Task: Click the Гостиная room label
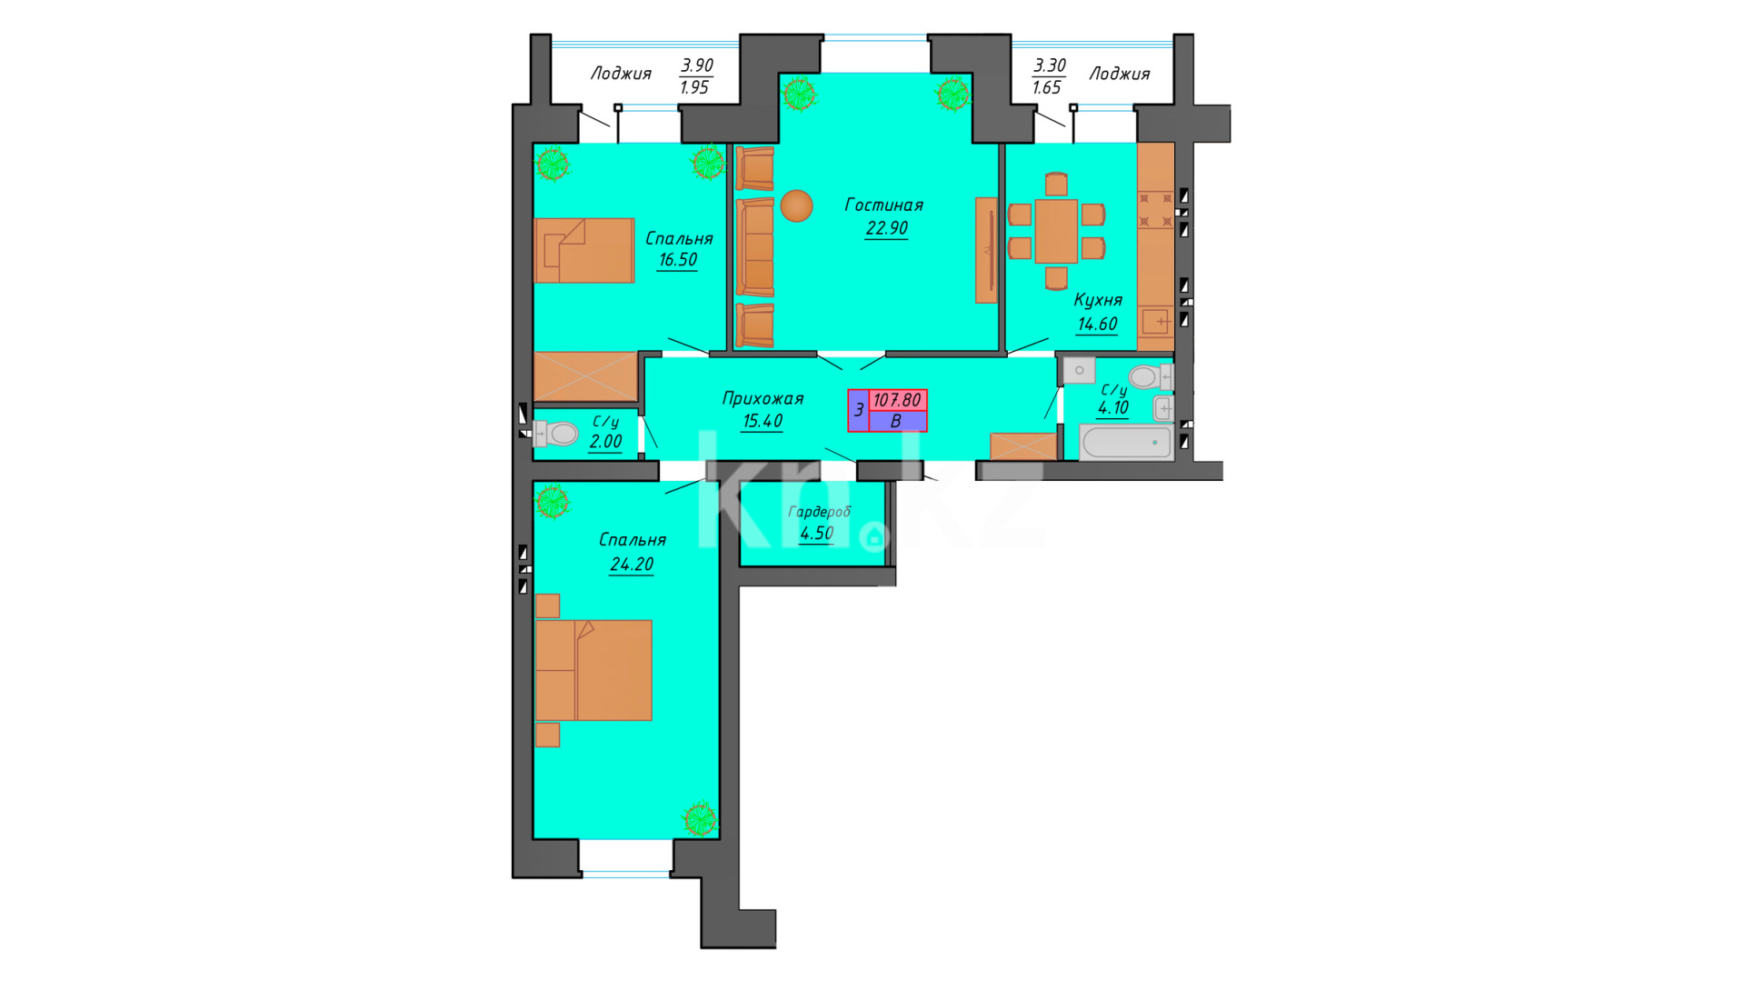(x=883, y=205)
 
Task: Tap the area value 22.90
(x=886, y=228)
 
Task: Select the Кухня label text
(x=1098, y=300)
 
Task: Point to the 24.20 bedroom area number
(x=632, y=565)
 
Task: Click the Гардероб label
(x=820, y=512)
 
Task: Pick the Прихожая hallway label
(x=763, y=398)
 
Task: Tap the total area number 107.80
(x=897, y=400)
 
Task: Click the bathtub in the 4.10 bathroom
(x=1126, y=443)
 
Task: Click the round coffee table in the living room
(x=796, y=205)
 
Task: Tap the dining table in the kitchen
(x=1056, y=231)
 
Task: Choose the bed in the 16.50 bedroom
(x=584, y=250)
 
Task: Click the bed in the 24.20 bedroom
(x=593, y=670)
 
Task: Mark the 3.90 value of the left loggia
(x=697, y=65)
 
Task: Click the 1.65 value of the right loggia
(x=1047, y=88)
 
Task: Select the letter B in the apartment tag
(x=896, y=422)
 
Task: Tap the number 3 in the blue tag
(x=859, y=411)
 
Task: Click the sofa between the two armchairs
(x=754, y=247)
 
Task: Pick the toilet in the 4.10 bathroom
(x=1150, y=376)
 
